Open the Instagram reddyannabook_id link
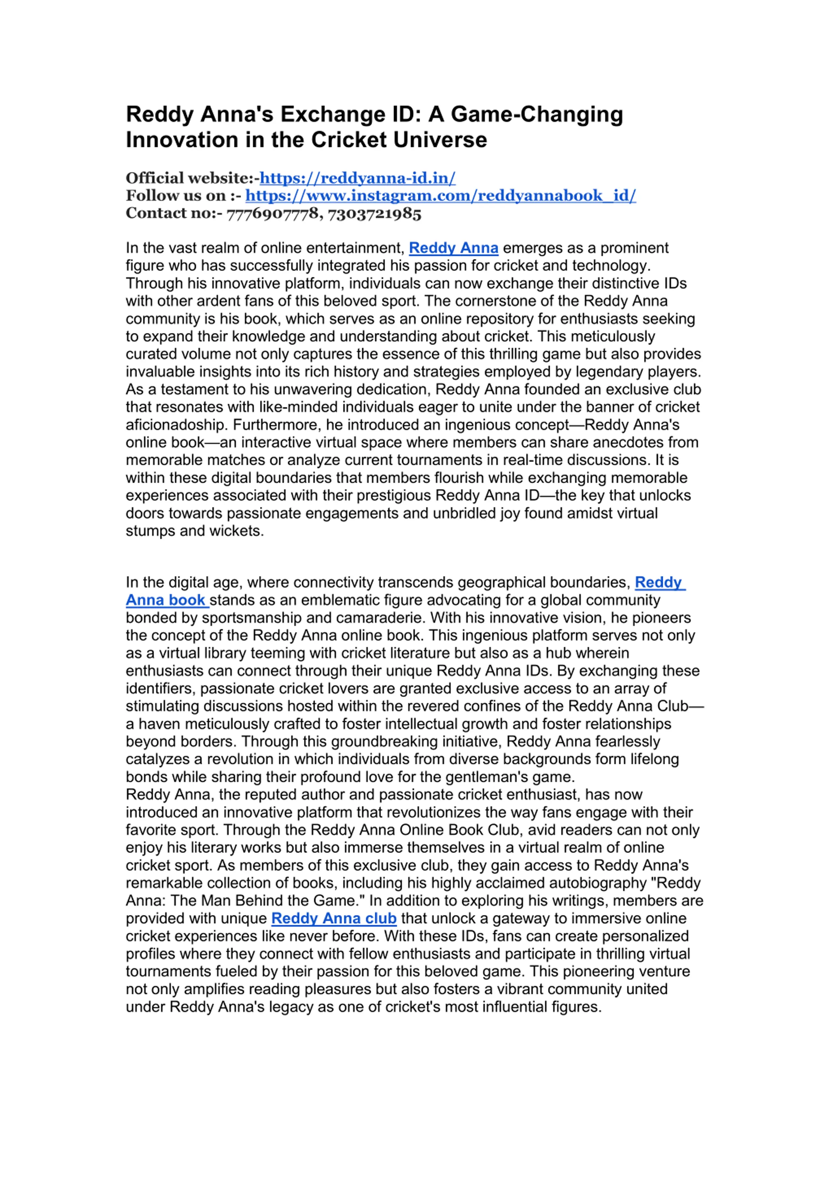[x=440, y=195]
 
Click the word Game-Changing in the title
[x=537, y=114]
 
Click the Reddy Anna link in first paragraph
[x=453, y=248]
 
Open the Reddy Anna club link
[x=334, y=918]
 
